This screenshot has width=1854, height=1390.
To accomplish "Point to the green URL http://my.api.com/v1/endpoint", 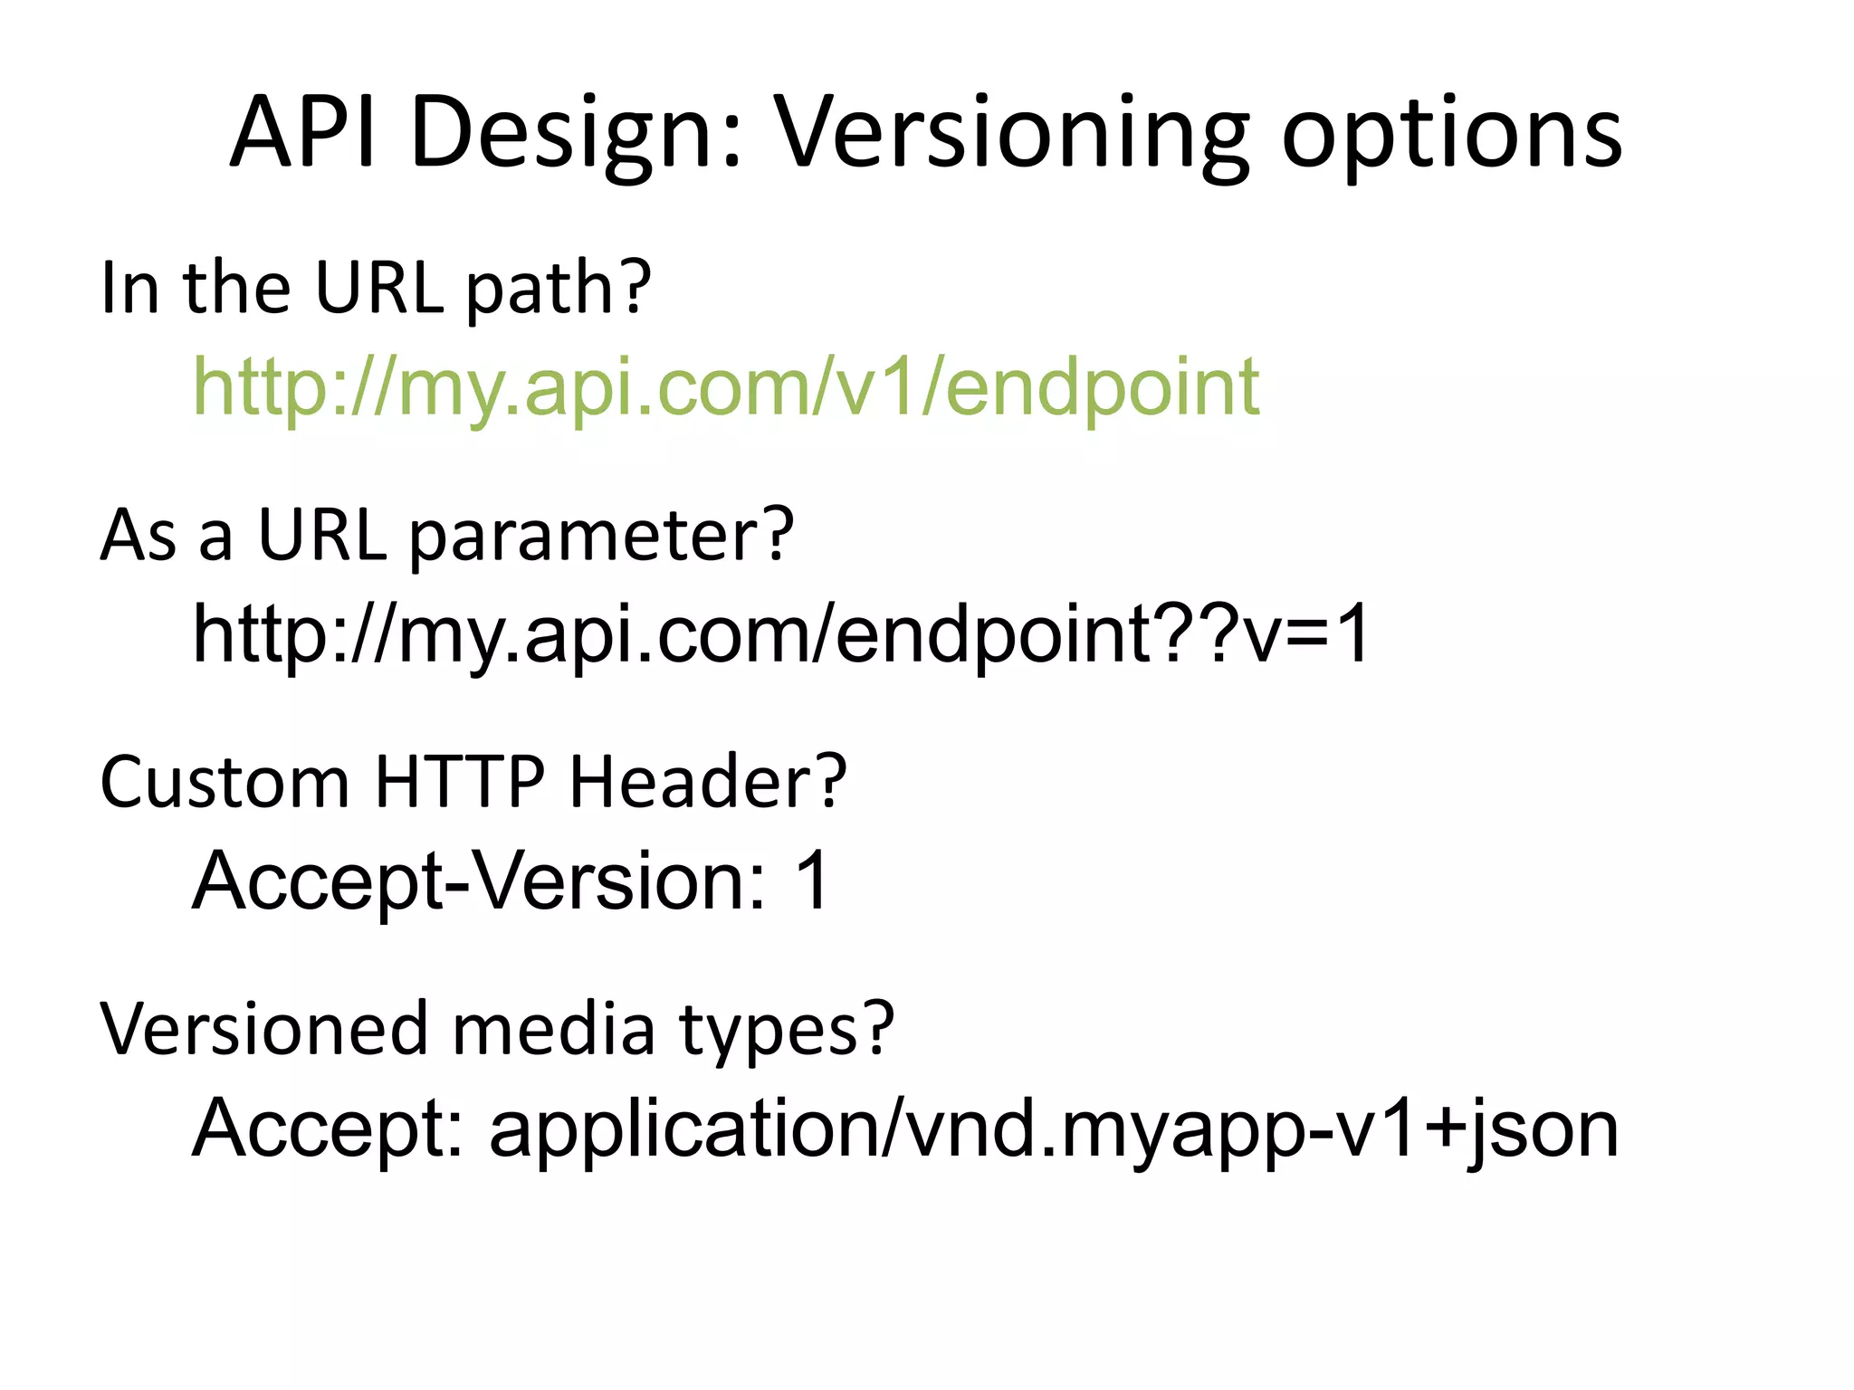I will tap(725, 387).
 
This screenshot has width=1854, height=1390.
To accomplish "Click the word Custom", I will tap(225, 781).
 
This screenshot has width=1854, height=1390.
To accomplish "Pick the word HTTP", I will tap(460, 781).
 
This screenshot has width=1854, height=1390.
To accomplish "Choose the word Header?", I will tap(707, 781).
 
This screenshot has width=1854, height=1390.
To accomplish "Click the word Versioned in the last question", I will tap(263, 1029).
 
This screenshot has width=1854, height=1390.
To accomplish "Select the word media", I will tap(553, 1029).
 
